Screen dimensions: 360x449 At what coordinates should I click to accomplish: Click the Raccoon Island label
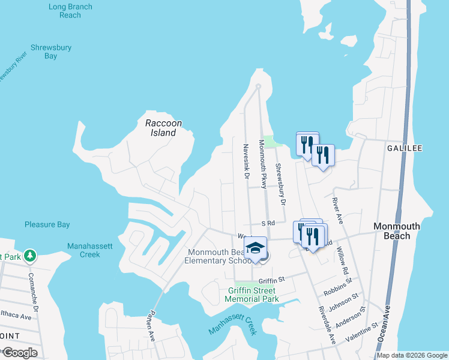pos(163,128)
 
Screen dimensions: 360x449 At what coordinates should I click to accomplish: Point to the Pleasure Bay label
pos(47,225)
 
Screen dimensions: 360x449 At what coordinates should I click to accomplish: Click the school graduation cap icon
pos(255,247)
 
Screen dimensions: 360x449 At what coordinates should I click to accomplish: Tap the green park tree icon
pos(29,256)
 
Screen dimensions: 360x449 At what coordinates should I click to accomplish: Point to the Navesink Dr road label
pos(246,161)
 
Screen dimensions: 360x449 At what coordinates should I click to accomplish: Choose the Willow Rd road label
pos(342,260)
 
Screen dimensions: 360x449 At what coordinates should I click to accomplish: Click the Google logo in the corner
pos(19,353)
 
